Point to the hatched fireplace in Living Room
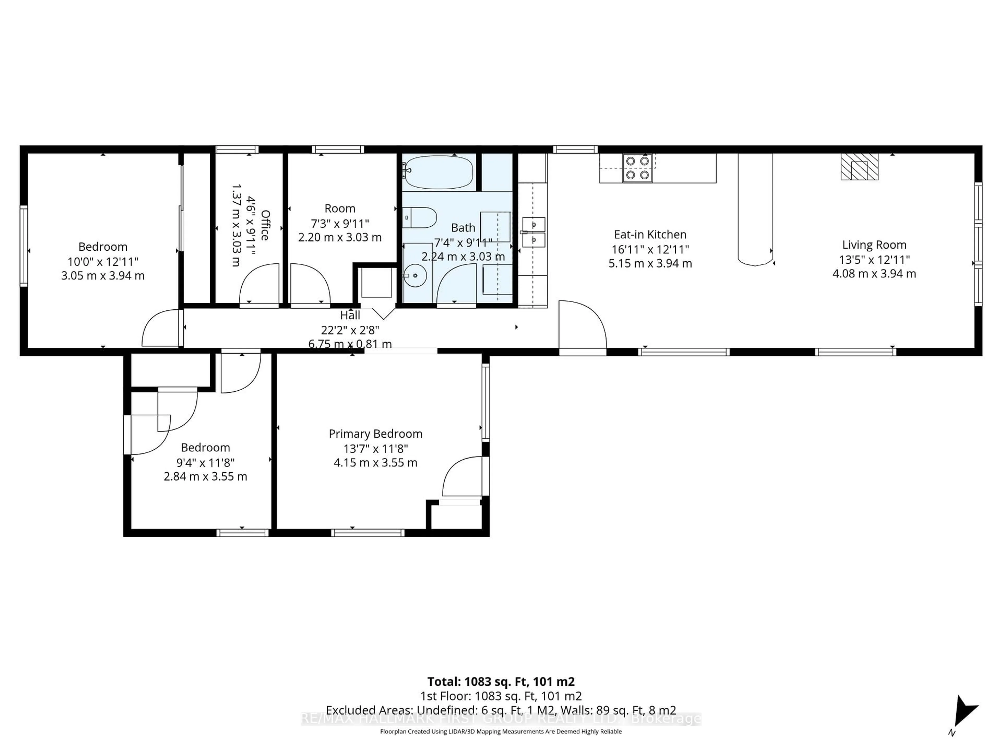pyautogui.click(x=859, y=167)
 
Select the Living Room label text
pyautogui.click(x=874, y=245)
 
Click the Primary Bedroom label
pyautogui.click(x=375, y=434)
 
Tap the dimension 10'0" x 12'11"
pyautogui.click(x=103, y=262)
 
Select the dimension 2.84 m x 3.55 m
pyautogui.click(x=205, y=477)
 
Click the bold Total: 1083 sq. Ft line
pyautogui.click(x=500, y=682)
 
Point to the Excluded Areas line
pyautogui.click(x=500, y=710)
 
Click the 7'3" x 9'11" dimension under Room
pyautogui.click(x=340, y=223)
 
